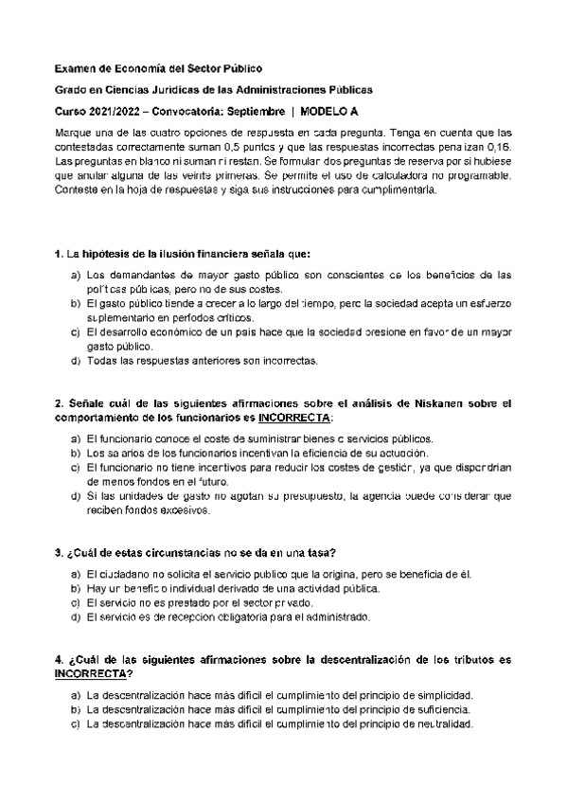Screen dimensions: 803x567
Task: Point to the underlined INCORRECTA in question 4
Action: pyautogui.click(x=91, y=672)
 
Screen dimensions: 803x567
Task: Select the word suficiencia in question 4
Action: pyautogui.click(x=440, y=710)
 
